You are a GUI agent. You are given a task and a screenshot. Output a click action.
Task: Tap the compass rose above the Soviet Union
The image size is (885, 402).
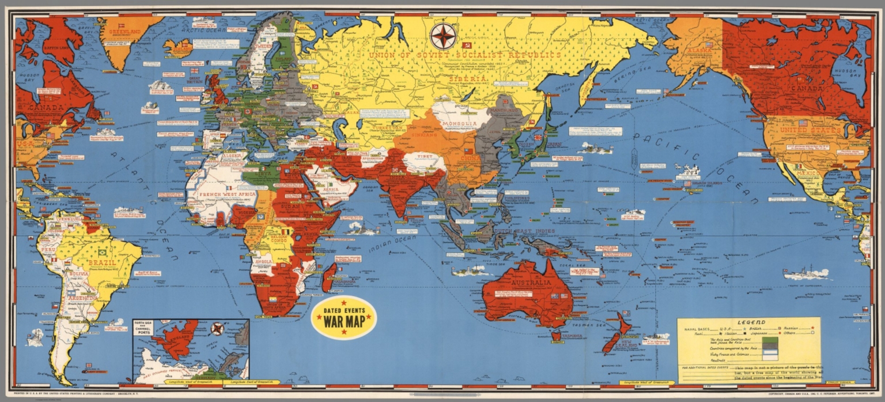pyautogui.click(x=443, y=36)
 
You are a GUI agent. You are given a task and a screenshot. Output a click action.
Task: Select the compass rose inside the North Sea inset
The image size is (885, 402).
pyautogui.click(x=217, y=329)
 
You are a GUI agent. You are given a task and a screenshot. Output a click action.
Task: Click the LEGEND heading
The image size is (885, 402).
pyautogui.click(x=749, y=322)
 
